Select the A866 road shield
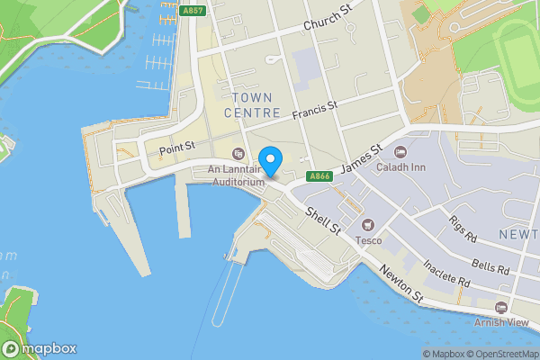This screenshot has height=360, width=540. click(319, 176)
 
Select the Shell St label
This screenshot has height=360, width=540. click(323, 220)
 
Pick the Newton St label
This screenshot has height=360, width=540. click(400, 283)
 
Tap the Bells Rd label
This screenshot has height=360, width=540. click(490, 265)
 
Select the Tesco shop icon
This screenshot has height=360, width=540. click(366, 224)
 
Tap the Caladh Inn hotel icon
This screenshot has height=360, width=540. click(400, 150)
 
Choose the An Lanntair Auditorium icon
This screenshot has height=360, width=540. click(238, 153)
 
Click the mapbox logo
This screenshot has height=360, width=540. click(40, 348)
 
